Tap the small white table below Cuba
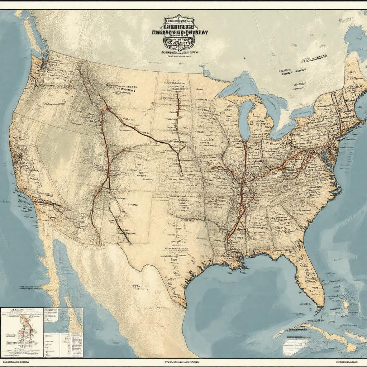(293, 346)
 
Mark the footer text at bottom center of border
(183, 362)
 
